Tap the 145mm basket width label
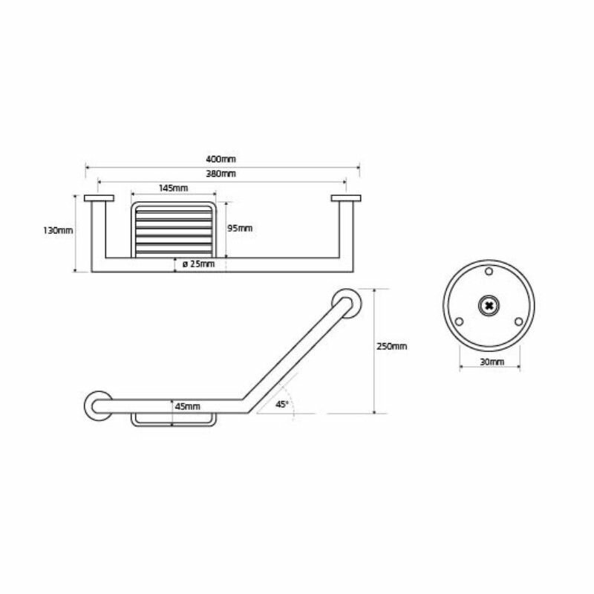click(x=172, y=189)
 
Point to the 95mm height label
click(x=240, y=229)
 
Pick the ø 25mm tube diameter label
click(x=198, y=264)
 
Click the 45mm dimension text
click(x=187, y=406)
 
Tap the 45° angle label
click(x=282, y=405)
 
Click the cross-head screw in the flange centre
click(x=489, y=305)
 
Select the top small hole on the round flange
click(x=489, y=272)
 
